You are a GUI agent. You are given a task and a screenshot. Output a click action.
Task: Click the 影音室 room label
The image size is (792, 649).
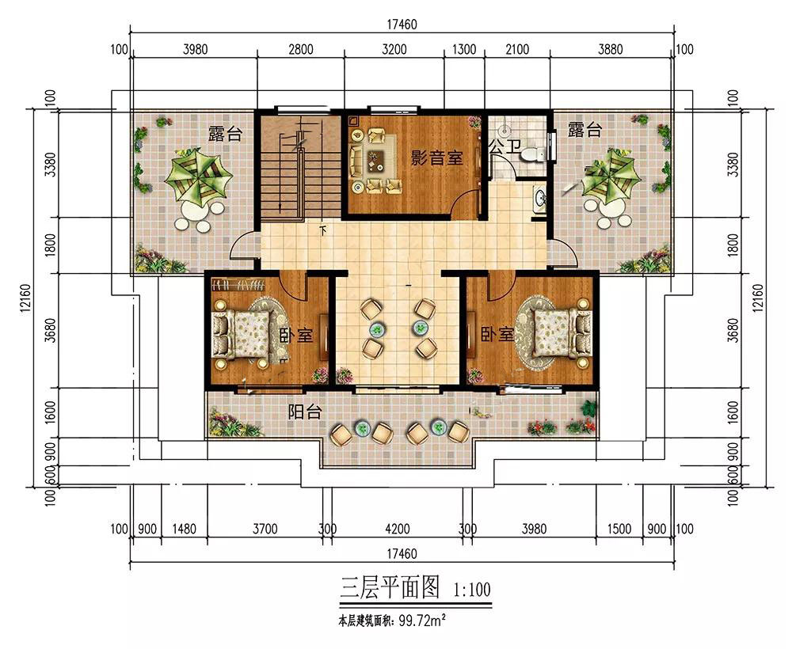click(x=437, y=158)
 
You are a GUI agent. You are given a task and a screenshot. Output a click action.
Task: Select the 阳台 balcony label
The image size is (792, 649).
click(x=305, y=412)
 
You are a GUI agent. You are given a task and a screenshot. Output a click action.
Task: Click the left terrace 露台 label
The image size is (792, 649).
click(x=225, y=134)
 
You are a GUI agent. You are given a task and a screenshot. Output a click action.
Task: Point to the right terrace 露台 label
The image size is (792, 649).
click(x=585, y=129)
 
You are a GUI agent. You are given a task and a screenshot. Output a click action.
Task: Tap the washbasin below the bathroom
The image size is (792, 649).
click(x=540, y=199)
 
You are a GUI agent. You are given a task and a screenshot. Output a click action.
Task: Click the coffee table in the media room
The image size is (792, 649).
click(x=375, y=161)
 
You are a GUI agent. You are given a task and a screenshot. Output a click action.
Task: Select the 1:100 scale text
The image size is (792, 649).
click(x=472, y=590)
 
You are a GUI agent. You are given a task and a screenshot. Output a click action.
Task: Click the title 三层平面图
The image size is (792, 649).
click(x=390, y=587)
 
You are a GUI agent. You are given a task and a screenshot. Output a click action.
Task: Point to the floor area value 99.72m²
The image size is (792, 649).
click(x=422, y=621)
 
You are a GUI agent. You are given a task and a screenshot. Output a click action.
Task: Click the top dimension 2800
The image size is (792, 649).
click(x=300, y=49)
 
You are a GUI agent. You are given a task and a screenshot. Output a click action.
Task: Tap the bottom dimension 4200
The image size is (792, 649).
click(x=398, y=529)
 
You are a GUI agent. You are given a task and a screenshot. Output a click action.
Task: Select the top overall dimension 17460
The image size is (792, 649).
click(x=402, y=25)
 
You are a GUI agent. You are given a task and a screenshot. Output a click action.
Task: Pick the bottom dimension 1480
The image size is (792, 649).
click(x=184, y=529)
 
